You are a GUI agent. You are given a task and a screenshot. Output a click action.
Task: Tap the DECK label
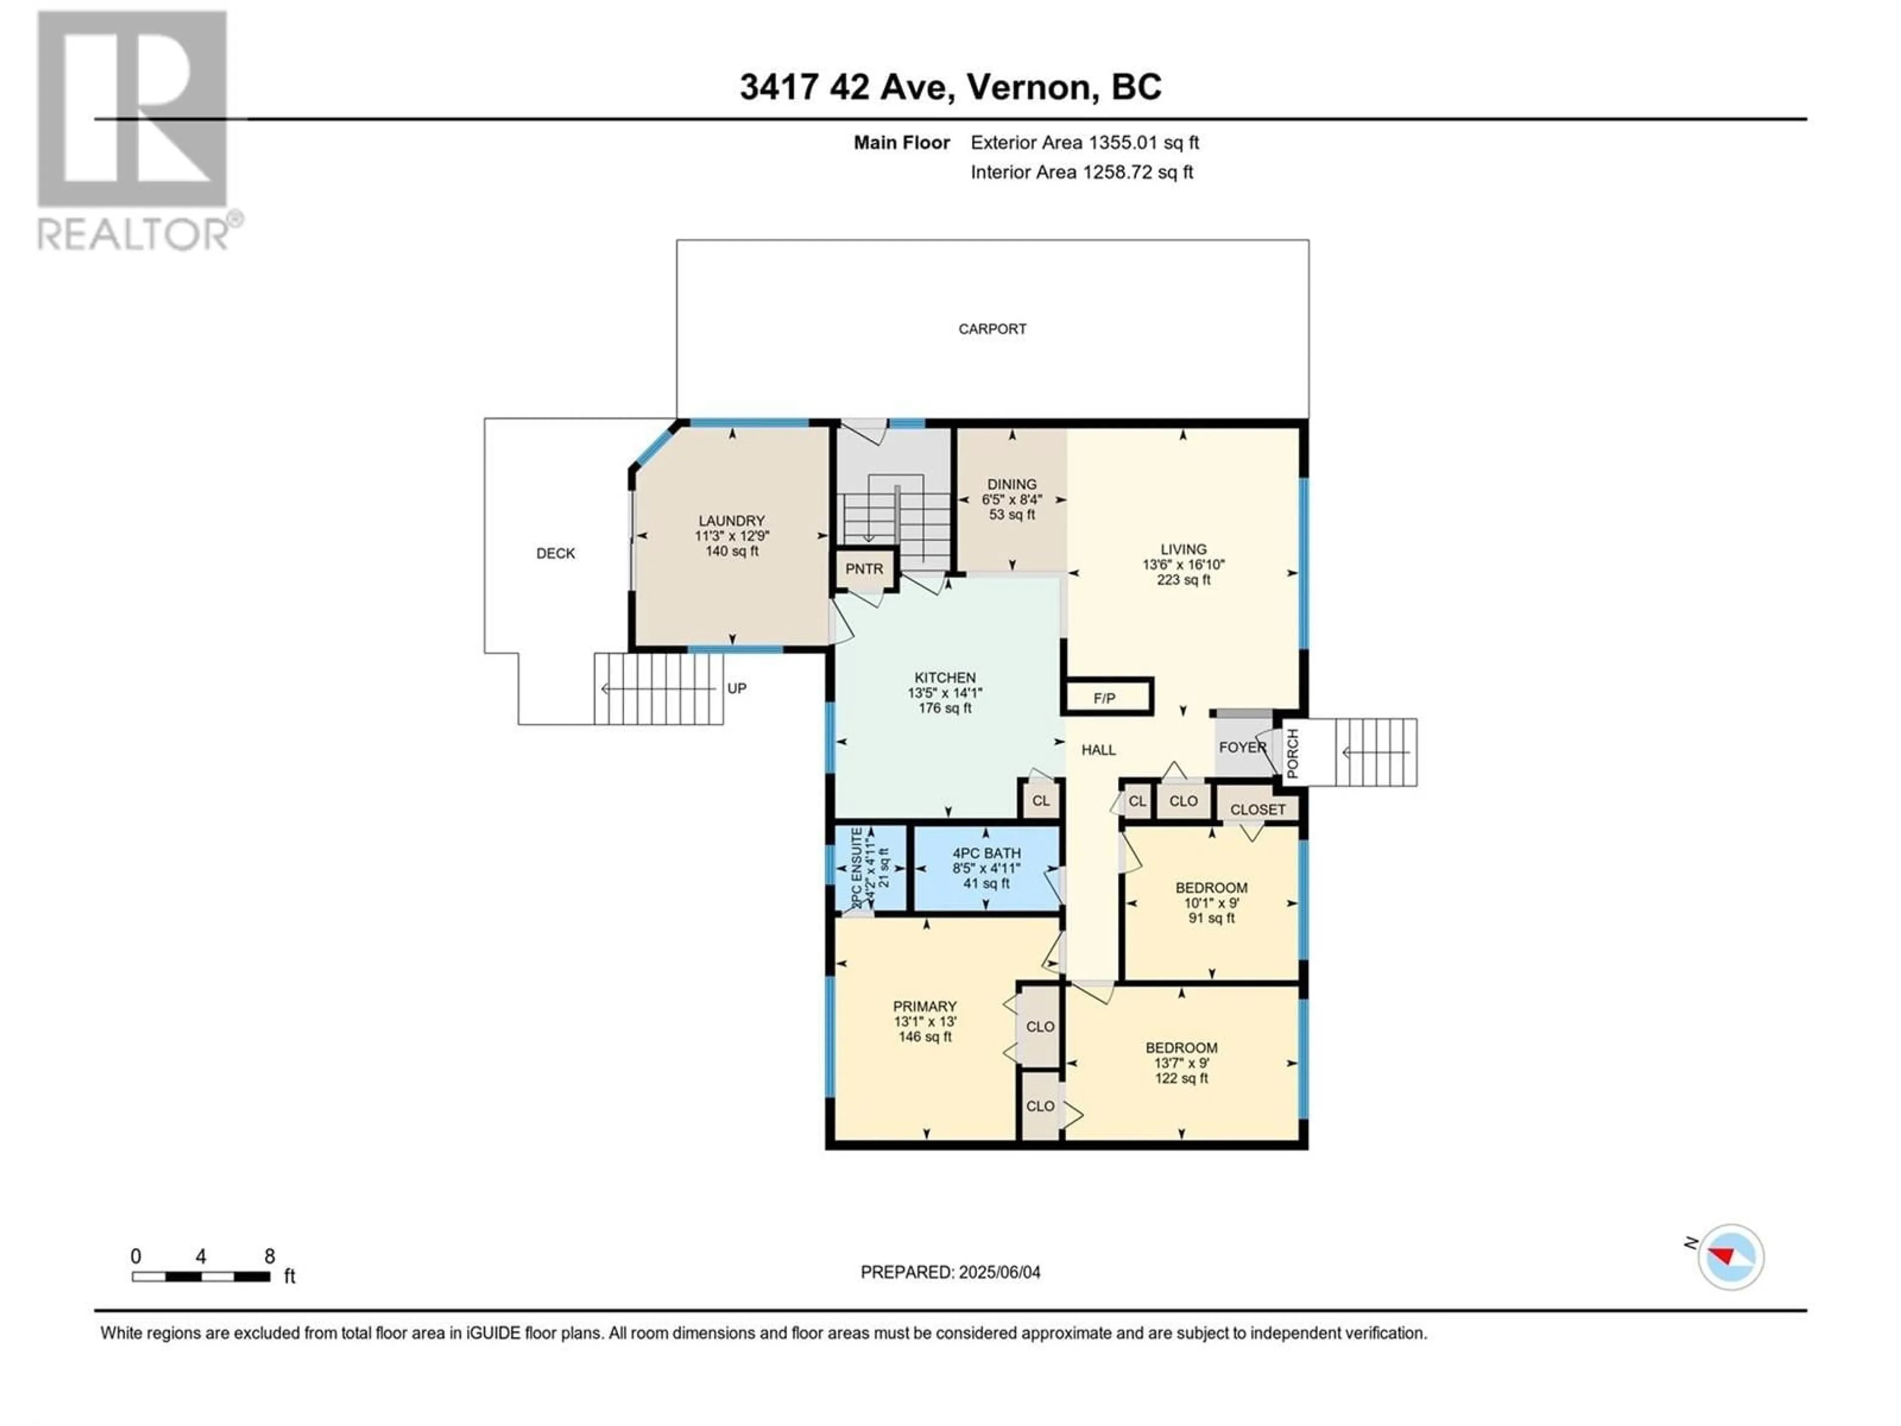pyautogui.click(x=555, y=554)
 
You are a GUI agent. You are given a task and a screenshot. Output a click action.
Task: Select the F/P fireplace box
pyautogui.click(x=1107, y=696)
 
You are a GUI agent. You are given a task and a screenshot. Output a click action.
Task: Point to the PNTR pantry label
pyautogui.click(x=864, y=569)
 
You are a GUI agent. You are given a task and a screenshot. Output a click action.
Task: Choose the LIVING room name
pyautogui.click(x=1183, y=549)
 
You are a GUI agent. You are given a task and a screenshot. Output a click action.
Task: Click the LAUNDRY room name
pyautogui.click(x=731, y=521)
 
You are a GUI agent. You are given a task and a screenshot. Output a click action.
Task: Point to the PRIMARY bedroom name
pyautogui.click(x=925, y=1007)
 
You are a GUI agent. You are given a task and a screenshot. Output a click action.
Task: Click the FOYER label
pyautogui.click(x=1243, y=747)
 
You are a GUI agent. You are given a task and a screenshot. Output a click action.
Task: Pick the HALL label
pyautogui.click(x=1099, y=751)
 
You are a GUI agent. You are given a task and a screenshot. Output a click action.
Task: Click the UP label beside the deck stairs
pyautogui.click(x=737, y=689)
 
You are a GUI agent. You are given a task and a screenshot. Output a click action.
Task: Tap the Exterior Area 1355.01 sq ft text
pyautogui.click(x=1085, y=143)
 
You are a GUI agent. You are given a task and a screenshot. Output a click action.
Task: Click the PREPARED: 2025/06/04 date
pyautogui.click(x=950, y=1272)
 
